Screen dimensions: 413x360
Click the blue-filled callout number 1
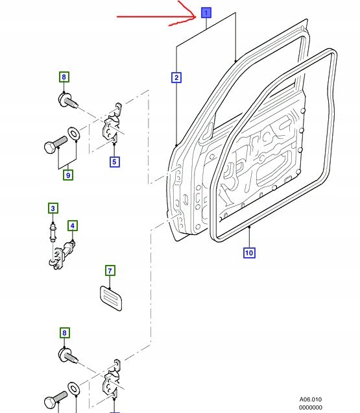(x=206, y=12)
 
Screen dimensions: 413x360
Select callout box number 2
(x=176, y=78)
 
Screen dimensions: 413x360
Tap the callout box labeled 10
(x=249, y=253)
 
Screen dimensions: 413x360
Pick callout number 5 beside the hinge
(x=114, y=162)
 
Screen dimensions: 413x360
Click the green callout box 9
(x=68, y=175)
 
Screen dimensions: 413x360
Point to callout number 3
(x=53, y=208)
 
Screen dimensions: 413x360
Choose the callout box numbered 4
(x=72, y=226)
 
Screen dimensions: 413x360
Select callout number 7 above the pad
(x=110, y=271)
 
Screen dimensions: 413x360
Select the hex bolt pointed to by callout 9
(x=54, y=142)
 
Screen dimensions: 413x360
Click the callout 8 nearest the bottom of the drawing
(x=64, y=334)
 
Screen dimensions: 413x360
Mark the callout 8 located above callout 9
(x=64, y=78)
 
